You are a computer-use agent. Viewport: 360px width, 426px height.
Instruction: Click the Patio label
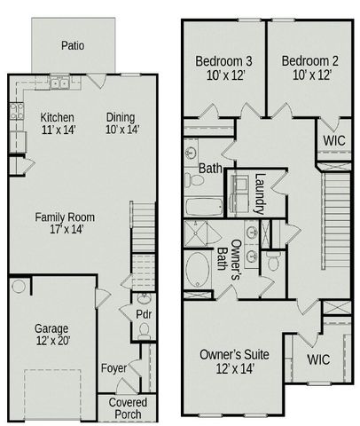click(x=73, y=44)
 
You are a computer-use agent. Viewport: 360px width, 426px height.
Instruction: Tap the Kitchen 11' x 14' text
click(x=57, y=123)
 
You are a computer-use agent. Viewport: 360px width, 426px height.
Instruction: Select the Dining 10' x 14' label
click(x=121, y=123)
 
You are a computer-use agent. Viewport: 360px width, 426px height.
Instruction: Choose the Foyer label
click(x=113, y=367)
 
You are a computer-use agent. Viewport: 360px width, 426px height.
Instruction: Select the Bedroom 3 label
click(x=223, y=67)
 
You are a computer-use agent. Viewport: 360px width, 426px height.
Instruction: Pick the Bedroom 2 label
click(x=309, y=67)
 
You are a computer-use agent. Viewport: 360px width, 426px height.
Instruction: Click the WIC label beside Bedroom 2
click(x=333, y=139)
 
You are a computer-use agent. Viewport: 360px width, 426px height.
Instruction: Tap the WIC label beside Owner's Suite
click(x=318, y=359)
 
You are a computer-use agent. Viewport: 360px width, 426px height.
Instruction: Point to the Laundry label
click(x=260, y=193)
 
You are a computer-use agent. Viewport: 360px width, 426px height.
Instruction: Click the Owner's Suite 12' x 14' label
click(x=234, y=361)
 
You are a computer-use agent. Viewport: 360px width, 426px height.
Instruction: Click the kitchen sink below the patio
click(x=59, y=85)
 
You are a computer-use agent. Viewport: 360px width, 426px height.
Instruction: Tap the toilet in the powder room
click(x=144, y=332)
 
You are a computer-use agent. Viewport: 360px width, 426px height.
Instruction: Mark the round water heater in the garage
click(x=20, y=287)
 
